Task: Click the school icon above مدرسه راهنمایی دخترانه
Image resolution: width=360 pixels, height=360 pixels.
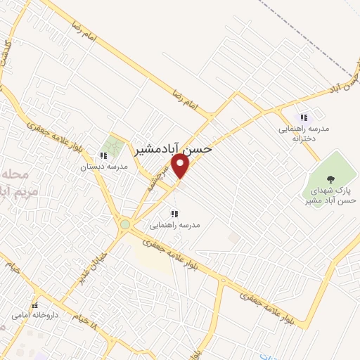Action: click(x=304, y=117)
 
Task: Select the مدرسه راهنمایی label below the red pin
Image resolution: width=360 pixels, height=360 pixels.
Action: click(x=175, y=226)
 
